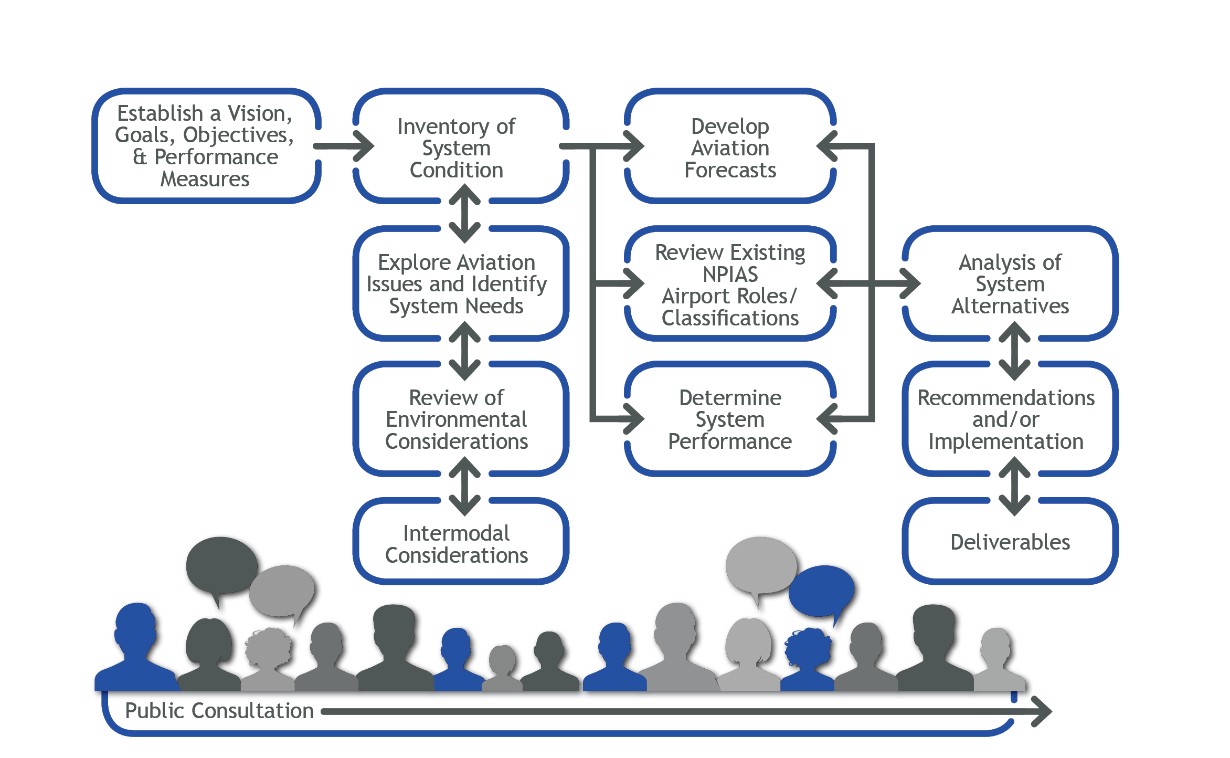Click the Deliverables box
tap(1010, 542)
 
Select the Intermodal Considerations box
tap(457, 544)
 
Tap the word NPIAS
tap(730, 275)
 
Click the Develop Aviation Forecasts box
tap(730, 148)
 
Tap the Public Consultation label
tap(219, 711)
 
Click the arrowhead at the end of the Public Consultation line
tap(1041, 711)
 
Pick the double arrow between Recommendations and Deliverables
tap(1014, 487)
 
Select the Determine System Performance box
tap(730, 419)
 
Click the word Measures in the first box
tap(205, 180)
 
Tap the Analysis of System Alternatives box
tap(1010, 284)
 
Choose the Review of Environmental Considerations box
tap(457, 419)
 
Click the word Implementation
tap(1005, 441)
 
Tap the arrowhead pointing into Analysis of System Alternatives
tap(910, 284)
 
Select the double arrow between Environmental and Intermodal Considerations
tap(464, 487)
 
